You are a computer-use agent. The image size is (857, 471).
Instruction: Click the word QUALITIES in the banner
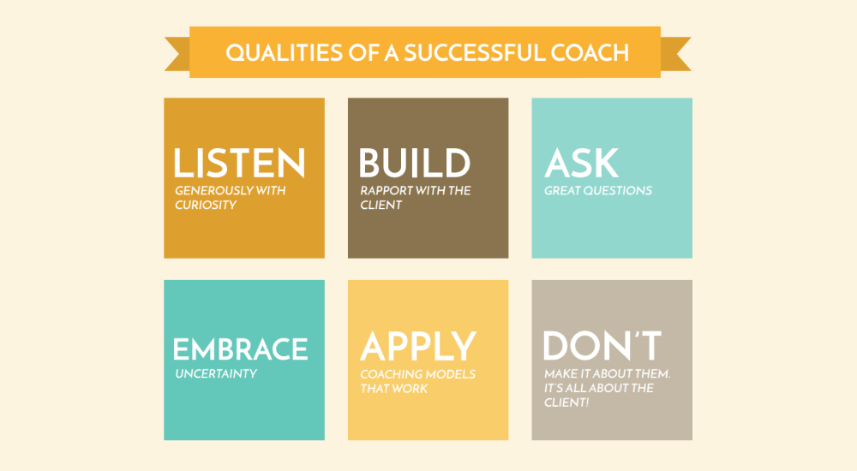click(x=277, y=53)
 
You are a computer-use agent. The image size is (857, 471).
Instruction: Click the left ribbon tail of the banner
click(x=177, y=54)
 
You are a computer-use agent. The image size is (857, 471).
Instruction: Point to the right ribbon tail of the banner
click(x=676, y=54)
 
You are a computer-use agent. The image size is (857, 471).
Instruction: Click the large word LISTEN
click(x=239, y=163)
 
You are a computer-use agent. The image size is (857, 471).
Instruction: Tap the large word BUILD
click(x=414, y=163)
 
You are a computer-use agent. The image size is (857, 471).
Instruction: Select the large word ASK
click(x=582, y=163)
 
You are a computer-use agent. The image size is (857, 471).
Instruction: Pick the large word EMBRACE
click(x=241, y=349)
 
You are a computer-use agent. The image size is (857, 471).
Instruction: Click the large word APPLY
click(x=418, y=346)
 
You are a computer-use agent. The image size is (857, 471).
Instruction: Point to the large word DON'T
click(x=602, y=345)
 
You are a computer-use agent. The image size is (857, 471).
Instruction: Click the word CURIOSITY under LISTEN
click(x=206, y=205)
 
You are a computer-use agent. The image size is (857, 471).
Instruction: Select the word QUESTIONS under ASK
click(x=618, y=191)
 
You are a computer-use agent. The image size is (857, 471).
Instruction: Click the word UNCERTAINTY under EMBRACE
click(x=216, y=373)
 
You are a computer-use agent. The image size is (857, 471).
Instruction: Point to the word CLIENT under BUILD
click(x=381, y=205)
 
